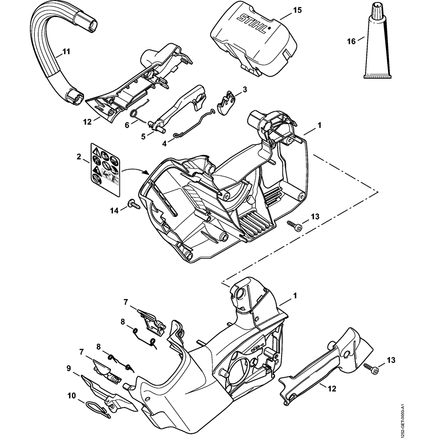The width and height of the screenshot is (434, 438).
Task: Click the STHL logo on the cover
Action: (x=253, y=23)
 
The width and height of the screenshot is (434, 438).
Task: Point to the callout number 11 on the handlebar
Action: (x=66, y=52)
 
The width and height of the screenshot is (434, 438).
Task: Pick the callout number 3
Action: (x=244, y=89)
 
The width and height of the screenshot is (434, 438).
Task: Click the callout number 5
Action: (x=144, y=135)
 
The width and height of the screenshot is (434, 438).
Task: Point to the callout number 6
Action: (x=127, y=125)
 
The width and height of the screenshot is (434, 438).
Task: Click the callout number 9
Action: (x=69, y=369)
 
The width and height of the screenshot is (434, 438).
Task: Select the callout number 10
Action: (x=71, y=396)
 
